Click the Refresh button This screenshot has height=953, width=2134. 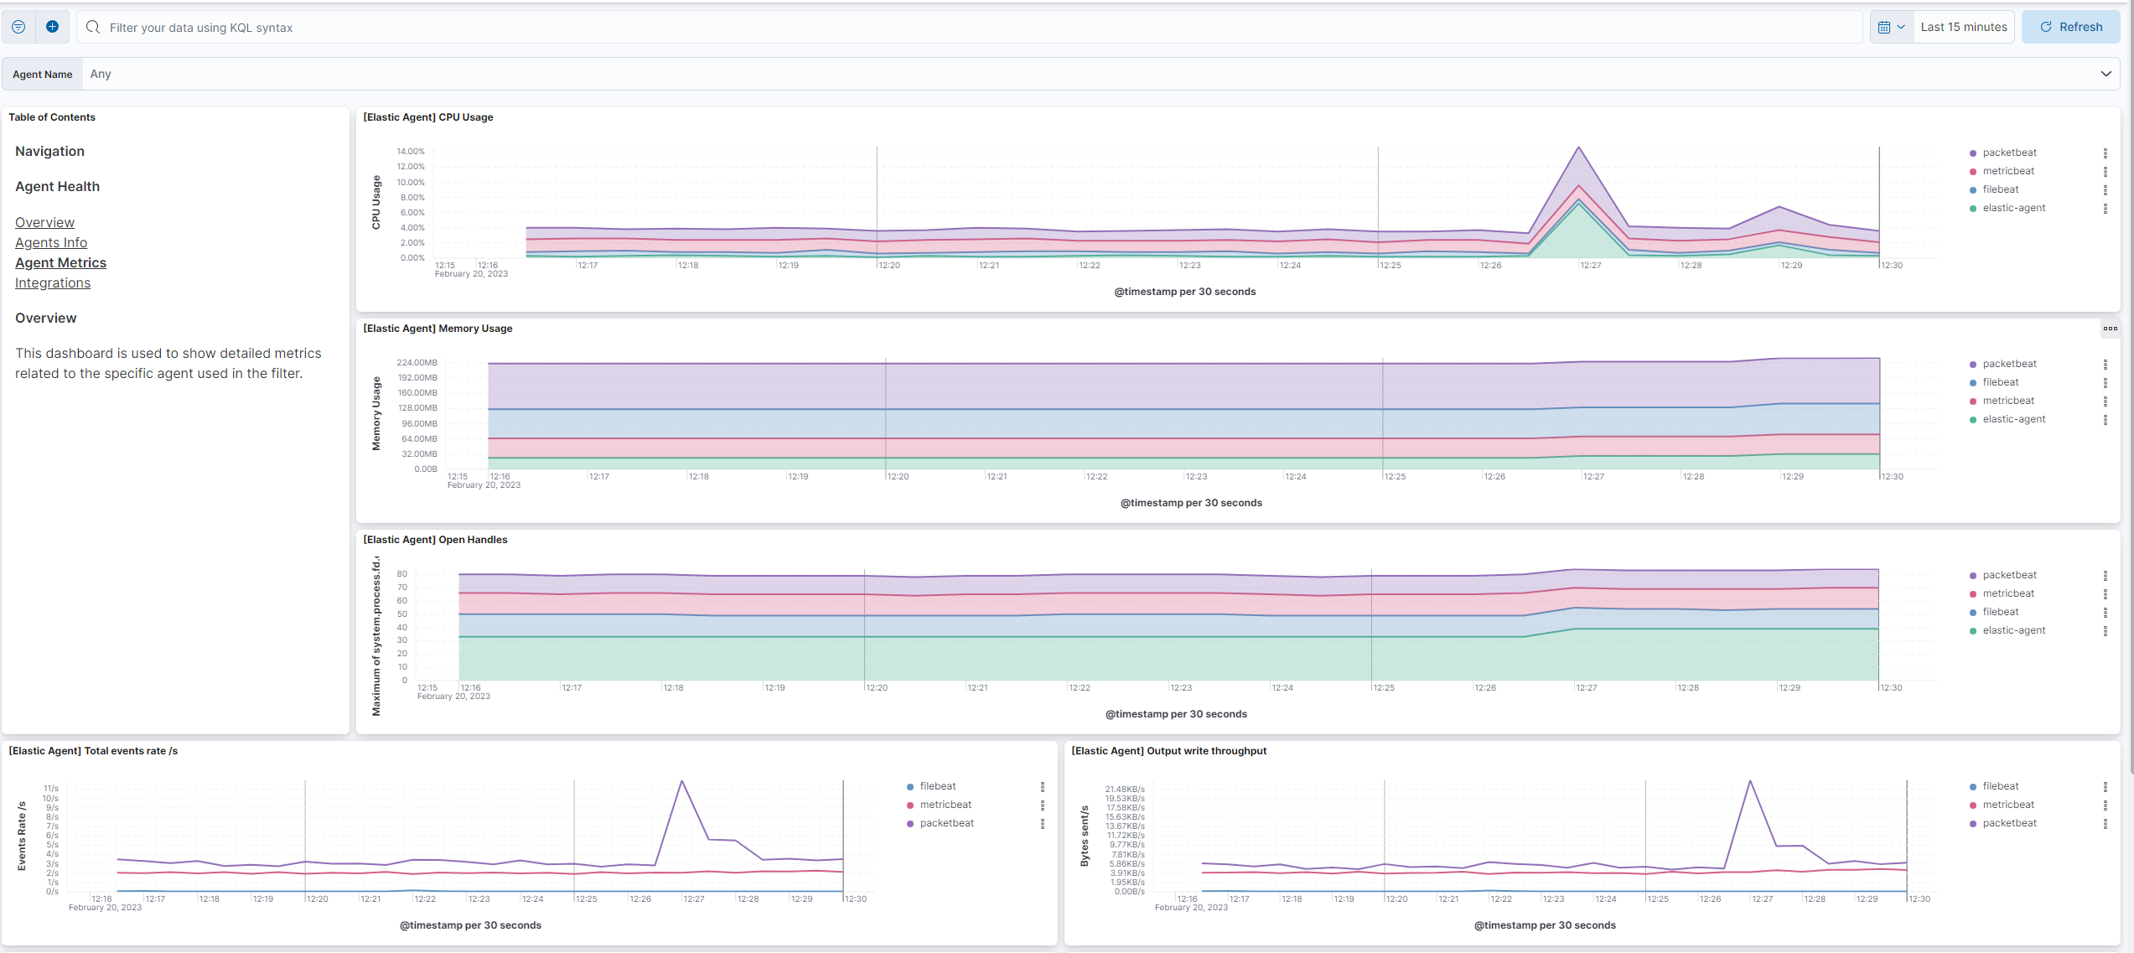(x=2070, y=27)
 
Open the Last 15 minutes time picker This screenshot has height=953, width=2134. (x=1963, y=27)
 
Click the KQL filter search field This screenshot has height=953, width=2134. (x=972, y=28)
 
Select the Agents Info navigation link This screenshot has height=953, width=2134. (x=51, y=242)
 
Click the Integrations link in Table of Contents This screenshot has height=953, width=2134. (x=53, y=282)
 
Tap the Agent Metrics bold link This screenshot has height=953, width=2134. (x=60, y=262)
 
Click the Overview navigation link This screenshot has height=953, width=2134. (x=44, y=222)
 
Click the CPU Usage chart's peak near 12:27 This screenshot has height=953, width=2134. (x=1579, y=148)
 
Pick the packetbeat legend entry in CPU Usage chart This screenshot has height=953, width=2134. (x=2009, y=153)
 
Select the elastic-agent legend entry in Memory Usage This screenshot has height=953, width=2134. (x=2013, y=419)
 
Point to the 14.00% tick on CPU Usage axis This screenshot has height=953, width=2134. (x=411, y=152)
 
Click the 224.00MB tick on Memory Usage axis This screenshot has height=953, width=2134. (x=417, y=363)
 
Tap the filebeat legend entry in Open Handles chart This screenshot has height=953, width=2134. (x=2000, y=612)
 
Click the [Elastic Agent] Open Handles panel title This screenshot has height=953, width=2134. (x=435, y=540)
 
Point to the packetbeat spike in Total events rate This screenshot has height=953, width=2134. (x=682, y=782)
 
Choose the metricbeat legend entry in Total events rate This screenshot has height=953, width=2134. (x=945, y=805)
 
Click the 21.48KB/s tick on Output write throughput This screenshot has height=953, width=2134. (x=1124, y=790)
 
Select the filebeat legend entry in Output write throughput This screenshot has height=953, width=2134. (x=2000, y=786)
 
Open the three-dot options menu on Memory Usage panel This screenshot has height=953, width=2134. (x=2110, y=329)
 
